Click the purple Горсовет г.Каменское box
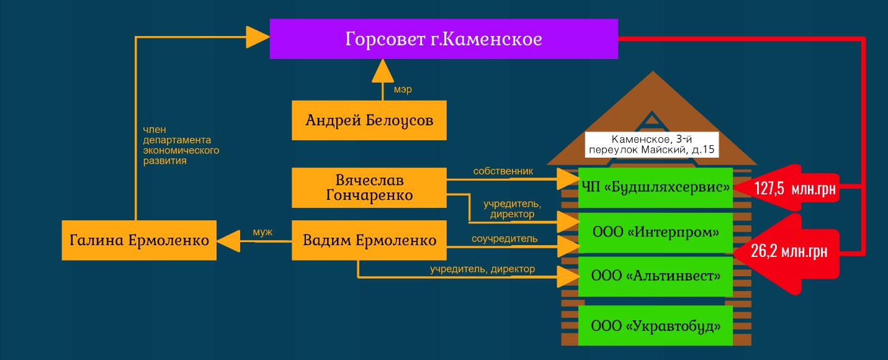(x=444, y=39)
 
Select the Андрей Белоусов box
(x=369, y=120)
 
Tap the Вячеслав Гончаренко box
(x=369, y=187)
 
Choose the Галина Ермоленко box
(x=139, y=240)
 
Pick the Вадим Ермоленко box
(x=369, y=240)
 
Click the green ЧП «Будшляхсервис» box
(x=655, y=186)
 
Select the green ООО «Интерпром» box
(x=655, y=233)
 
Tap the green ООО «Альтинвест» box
(x=655, y=276)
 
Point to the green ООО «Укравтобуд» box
(x=655, y=325)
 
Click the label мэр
(x=403, y=90)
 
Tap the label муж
(x=262, y=232)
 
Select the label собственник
(x=503, y=171)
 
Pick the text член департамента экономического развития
(x=181, y=145)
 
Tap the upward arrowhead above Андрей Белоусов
(x=382, y=74)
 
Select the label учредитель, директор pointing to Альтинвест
(x=482, y=269)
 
